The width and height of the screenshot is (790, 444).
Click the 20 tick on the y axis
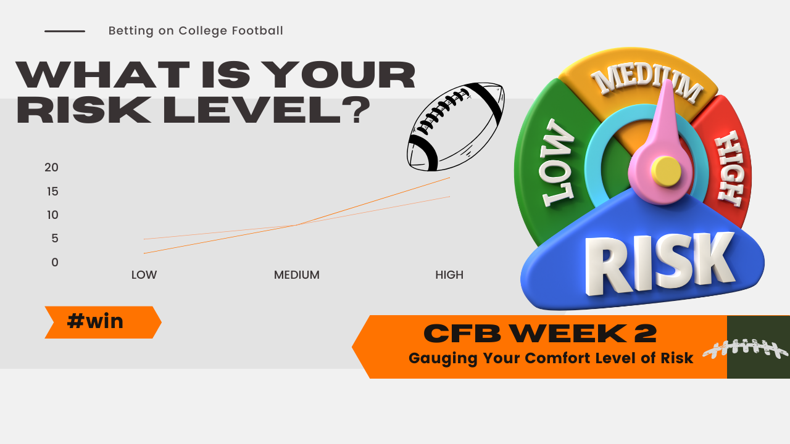(51, 167)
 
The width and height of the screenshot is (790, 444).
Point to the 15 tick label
(52, 192)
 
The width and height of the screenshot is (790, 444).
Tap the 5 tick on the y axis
(55, 238)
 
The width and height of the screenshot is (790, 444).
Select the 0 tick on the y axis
(55, 262)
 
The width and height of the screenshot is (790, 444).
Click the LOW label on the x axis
(144, 275)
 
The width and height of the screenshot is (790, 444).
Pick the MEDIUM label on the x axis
(297, 275)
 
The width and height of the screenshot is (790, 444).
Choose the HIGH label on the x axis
(449, 275)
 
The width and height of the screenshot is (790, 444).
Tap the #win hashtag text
(95, 321)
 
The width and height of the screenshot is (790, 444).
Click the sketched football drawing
(455, 127)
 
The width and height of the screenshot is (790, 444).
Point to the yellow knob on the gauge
(666, 171)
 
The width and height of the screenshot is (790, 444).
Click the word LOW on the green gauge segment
(557, 163)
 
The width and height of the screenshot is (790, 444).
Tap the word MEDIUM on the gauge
(647, 83)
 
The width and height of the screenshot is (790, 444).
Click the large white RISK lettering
(660, 264)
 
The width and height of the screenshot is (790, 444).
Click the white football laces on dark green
(746, 348)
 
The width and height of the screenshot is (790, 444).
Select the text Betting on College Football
(196, 31)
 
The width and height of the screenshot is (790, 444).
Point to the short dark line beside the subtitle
(65, 31)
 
